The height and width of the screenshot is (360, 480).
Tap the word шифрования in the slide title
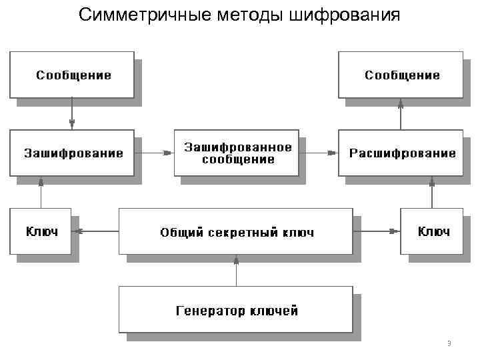tap(345, 15)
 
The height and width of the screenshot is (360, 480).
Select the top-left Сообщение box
tap(72, 75)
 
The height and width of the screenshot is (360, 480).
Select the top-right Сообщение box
tap(401, 75)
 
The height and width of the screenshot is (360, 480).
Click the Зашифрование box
tap(72, 153)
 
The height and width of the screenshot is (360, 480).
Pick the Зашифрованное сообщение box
tap(237, 153)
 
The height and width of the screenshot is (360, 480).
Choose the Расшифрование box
tap(401, 153)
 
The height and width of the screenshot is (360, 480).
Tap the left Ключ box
tap(41, 231)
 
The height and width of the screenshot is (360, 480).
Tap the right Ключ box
tap(432, 231)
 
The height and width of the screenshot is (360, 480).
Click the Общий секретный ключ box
tap(235, 231)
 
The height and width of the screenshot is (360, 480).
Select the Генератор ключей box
tap(235, 309)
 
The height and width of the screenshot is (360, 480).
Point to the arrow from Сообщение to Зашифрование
tap(72, 114)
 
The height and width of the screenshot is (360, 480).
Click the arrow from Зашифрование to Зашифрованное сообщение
tap(154, 153)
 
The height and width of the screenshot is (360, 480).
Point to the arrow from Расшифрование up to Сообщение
tap(401, 114)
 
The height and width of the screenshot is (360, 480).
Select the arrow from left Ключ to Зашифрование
tap(41, 192)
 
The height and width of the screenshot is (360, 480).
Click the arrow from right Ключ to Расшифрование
tap(432, 192)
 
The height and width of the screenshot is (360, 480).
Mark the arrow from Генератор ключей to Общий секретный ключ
tap(235, 270)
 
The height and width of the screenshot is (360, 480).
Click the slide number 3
tap(449, 344)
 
